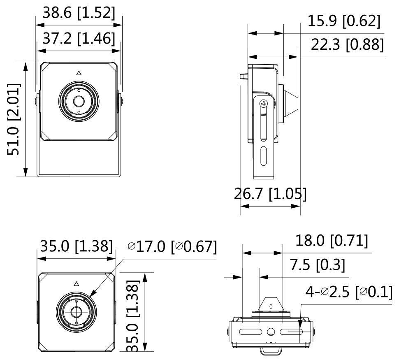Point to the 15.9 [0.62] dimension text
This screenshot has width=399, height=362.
click(344, 21)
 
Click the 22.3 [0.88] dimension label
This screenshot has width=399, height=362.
click(347, 44)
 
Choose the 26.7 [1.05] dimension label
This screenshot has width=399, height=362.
click(270, 193)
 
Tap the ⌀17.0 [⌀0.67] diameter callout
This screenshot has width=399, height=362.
click(172, 246)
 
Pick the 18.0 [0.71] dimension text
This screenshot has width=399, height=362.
click(332, 241)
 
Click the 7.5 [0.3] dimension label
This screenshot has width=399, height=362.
click(322, 265)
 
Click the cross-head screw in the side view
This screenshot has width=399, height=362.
click(264, 104)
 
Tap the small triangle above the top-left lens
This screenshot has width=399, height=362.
click(79, 73)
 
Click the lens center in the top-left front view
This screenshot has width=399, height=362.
click(78, 100)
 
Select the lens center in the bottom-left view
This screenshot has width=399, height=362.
click(76, 311)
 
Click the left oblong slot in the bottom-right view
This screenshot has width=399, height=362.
click(251, 332)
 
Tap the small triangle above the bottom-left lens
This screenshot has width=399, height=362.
click(76, 283)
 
